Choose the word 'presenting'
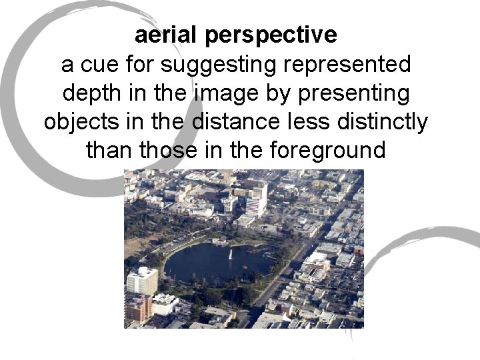tap(349, 94)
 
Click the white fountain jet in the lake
tap(229, 255)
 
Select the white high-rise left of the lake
tap(142, 280)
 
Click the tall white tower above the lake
tap(255, 198)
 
